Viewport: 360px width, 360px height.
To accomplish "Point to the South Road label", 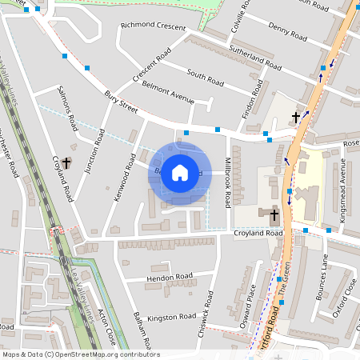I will tap(205, 77).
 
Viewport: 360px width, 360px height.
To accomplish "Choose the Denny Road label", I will tap(287, 33).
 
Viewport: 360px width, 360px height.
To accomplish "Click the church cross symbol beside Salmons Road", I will tap(66, 162).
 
